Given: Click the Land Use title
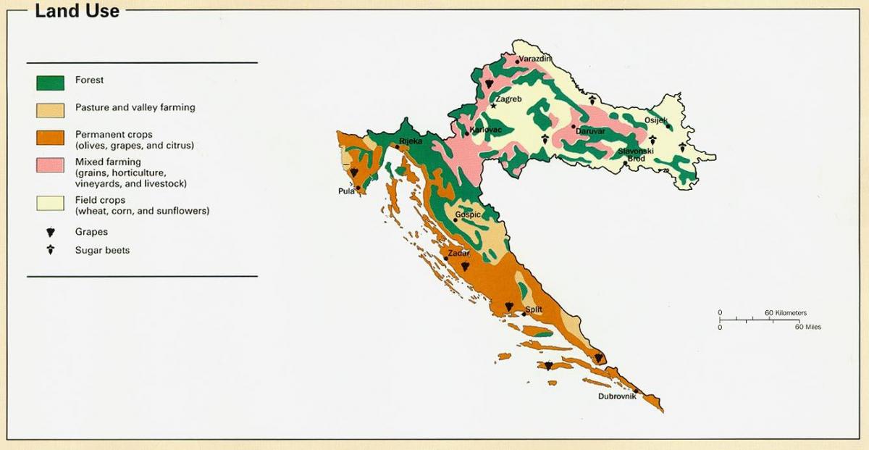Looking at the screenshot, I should [77, 11].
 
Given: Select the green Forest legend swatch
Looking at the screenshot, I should [50, 83].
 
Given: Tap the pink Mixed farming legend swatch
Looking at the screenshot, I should [50, 164].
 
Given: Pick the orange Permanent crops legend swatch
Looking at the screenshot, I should [50, 138].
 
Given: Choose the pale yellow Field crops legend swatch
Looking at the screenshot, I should [50, 203].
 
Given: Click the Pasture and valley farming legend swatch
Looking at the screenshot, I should [50, 109].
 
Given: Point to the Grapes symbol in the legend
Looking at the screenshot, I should [50, 233].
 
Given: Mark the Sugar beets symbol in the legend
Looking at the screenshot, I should [50, 250].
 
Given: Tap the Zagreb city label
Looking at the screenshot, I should [509, 100].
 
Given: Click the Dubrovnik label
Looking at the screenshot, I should [616, 396].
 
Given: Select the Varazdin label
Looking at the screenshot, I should [535, 57].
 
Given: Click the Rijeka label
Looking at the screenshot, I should [410, 141].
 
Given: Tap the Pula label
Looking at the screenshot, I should [345, 191].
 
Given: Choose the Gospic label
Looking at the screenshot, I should [468, 215].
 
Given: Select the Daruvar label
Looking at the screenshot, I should [590, 131].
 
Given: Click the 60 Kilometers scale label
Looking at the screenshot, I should [785, 313].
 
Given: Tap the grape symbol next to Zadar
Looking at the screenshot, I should [465, 266].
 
